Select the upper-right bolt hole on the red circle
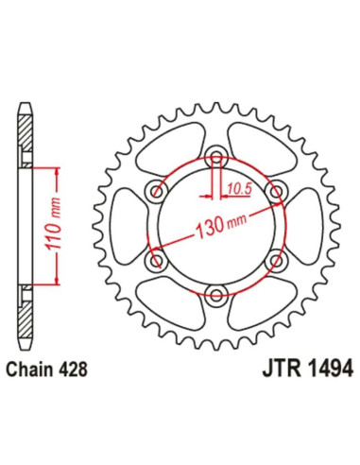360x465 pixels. [x=277, y=193]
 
